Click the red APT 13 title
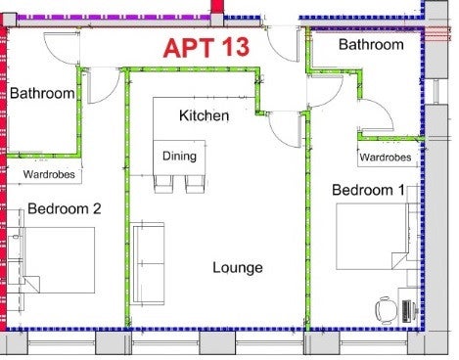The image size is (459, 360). point(207,48)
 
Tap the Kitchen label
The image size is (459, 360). point(204,115)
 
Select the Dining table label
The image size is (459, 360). point(179,157)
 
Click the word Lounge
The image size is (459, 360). point(238,268)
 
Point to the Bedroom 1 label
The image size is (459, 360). point(368,190)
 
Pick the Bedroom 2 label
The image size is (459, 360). point(65,208)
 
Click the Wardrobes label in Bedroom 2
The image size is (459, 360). point(49,174)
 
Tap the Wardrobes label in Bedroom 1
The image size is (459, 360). point(386,157)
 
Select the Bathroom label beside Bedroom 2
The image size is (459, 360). point(42,93)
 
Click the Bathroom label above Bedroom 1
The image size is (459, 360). point(371,45)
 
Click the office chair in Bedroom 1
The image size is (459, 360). point(386,310)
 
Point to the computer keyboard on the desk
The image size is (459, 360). point(406,311)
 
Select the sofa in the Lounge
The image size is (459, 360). point(147,263)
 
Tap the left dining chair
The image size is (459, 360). point(163,184)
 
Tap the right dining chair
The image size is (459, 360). point(195,184)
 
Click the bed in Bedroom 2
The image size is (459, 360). point(59,260)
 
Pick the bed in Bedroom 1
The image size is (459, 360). point(372,237)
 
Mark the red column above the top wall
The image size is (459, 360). point(217,7)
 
